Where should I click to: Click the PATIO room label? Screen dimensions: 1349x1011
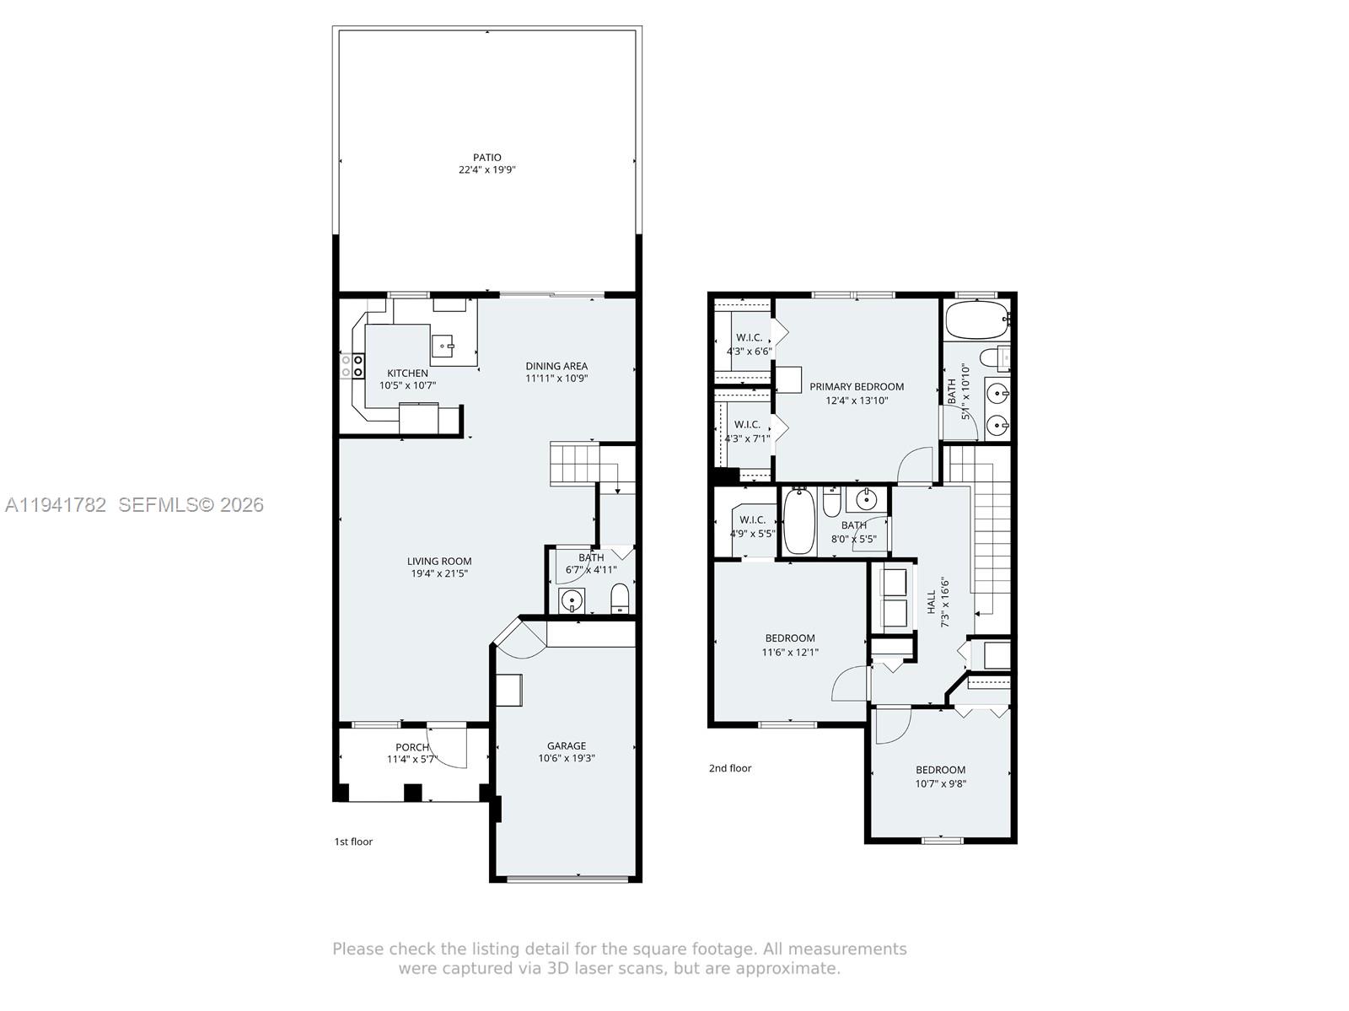tap(486, 158)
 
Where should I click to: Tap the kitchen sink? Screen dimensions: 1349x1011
tap(443, 346)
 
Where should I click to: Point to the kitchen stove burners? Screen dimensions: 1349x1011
tap(352, 366)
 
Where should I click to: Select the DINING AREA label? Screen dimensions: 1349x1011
tap(556, 366)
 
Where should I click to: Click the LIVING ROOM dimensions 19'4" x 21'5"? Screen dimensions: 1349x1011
tap(439, 573)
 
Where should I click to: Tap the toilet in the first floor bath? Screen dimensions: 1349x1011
tap(620, 599)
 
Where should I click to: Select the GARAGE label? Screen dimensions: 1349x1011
tap(566, 745)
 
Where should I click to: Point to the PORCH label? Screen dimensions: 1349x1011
tap(411, 747)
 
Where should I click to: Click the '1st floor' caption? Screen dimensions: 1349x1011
tap(353, 842)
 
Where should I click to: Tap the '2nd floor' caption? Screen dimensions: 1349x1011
tap(730, 767)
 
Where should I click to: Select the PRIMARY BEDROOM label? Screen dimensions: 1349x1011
tap(856, 386)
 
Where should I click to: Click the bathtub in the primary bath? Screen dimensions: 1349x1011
tap(977, 319)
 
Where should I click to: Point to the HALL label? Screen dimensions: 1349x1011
tap(931, 602)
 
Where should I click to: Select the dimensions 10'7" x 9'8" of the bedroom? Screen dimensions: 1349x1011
tap(940, 783)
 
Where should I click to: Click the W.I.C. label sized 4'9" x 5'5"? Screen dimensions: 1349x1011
tap(752, 520)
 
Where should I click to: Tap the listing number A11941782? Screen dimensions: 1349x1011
tap(56, 504)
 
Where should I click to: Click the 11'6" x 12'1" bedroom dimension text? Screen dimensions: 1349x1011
tap(790, 652)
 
